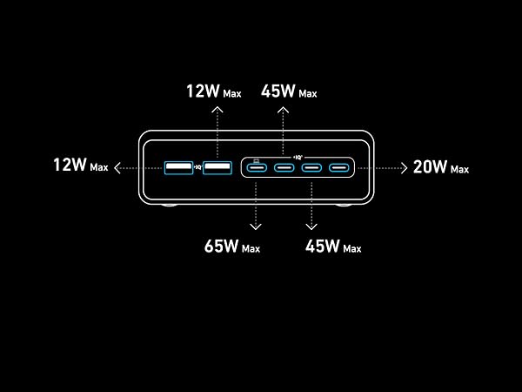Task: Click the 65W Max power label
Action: (232, 247)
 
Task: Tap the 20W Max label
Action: (441, 167)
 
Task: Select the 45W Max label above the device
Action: (289, 91)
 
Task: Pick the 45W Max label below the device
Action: (333, 247)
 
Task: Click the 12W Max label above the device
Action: (214, 91)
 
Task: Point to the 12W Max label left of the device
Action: (81, 165)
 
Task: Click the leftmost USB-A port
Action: (178, 167)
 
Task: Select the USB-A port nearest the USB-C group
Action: (217, 167)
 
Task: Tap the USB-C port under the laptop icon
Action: (257, 167)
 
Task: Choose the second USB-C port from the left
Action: (284, 167)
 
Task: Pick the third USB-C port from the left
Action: (311, 167)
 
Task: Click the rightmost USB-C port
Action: (339, 167)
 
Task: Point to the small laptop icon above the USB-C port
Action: (257, 160)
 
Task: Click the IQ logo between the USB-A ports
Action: (198, 167)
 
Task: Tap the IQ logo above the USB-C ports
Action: (298, 157)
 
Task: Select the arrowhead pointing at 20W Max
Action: (405, 168)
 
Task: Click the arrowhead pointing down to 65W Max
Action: (256, 227)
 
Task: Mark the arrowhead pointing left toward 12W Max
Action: (117, 167)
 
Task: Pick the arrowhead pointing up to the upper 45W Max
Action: (283, 110)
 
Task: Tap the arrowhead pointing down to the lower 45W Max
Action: (311, 227)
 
